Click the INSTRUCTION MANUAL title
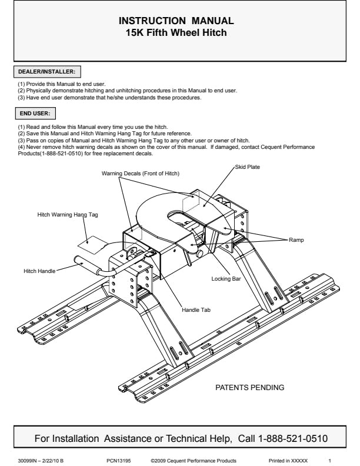[x=176, y=21]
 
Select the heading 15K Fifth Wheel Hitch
[x=176, y=32]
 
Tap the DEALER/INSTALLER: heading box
[x=47, y=72]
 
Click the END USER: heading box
[x=35, y=113]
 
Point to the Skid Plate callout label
[x=248, y=167]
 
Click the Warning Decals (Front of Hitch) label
[x=141, y=174]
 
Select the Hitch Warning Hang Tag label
[x=68, y=215]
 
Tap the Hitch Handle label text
[x=39, y=271]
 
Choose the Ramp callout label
[x=296, y=240]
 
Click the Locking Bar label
[x=226, y=279]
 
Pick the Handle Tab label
[x=196, y=310]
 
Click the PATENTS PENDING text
[x=250, y=388]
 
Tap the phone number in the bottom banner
[x=293, y=439]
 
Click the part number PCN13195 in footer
[x=118, y=461]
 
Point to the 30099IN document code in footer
[x=41, y=461]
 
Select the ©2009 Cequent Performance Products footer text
[x=194, y=461]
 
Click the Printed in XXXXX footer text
[x=288, y=461]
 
